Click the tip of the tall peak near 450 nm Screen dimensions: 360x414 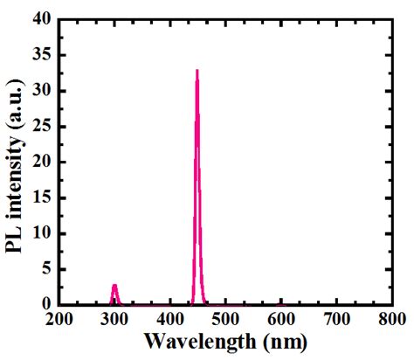point(197,70)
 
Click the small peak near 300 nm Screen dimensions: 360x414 point(114,285)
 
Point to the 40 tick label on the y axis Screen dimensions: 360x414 point(41,20)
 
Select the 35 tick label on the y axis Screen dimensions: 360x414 point(41,56)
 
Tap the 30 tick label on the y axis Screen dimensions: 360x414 point(41,92)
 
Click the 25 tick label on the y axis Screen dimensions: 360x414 point(41,128)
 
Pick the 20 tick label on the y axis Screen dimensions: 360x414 point(41,163)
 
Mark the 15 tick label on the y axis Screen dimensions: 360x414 point(41,198)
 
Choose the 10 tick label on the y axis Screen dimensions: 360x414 point(41,234)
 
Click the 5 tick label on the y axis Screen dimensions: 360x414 point(45,270)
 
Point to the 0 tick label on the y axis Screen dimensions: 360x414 point(45,305)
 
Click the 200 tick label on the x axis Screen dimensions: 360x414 point(60,320)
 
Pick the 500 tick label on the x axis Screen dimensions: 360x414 point(225,320)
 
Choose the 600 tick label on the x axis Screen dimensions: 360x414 point(281,320)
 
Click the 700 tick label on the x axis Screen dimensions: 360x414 point(336,320)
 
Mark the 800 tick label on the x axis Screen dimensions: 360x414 point(390,320)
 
